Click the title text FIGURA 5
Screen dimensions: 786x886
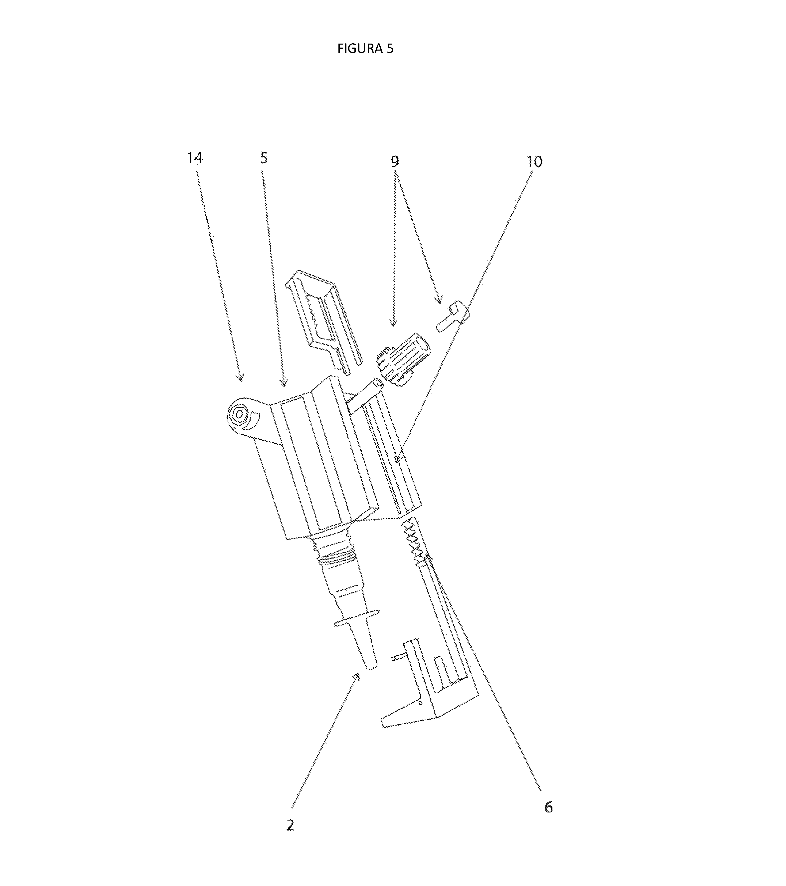point(365,49)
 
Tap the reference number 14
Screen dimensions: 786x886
point(195,158)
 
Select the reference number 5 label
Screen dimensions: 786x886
point(264,158)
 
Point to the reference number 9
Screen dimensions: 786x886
point(395,161)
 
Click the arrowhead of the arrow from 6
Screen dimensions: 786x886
point(429,558)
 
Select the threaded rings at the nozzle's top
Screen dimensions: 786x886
point(336,553)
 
